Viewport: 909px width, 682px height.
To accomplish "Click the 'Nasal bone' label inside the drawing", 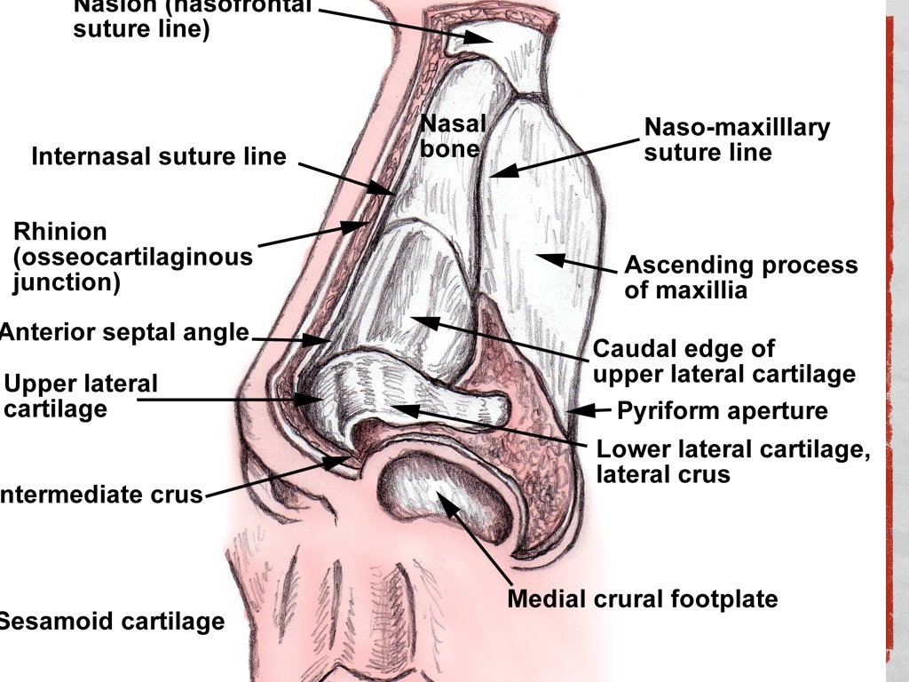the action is (x=453, y=136).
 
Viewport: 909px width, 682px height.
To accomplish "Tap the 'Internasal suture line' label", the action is (x=159, y=157).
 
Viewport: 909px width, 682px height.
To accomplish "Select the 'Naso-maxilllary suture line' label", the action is (x=737, y=139).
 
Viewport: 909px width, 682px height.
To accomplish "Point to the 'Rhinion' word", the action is (x=59, y=233).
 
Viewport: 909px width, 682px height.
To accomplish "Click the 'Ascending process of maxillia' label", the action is (x=741, y=277).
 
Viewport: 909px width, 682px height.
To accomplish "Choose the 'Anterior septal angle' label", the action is (x=124, y=332).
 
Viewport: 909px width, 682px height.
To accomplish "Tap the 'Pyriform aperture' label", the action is (x=722, y=411).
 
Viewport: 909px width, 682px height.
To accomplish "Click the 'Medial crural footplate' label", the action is (x=642, y=599).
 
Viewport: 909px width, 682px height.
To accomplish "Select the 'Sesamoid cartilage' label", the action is (x=111, y=622).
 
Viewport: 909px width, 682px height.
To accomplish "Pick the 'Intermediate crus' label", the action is (x=102, y=495).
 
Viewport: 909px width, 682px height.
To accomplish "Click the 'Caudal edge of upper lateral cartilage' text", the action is (x=723, y=361).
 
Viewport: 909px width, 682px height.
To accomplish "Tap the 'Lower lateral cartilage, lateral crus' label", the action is (x=732, y=462).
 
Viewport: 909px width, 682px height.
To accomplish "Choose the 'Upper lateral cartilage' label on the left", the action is (x=80, y=396).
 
